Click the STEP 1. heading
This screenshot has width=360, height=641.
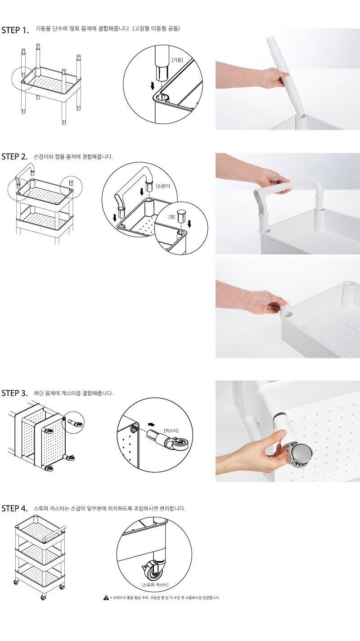click(15, 30)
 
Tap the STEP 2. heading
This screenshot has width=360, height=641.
click(14, 157)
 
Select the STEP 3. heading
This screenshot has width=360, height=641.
click(14, 393)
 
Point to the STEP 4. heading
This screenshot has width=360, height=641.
click(14, 508)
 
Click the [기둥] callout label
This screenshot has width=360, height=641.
click(177, 60)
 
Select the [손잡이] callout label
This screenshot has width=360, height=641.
click(163, 186)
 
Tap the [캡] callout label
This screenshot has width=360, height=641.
click(172, 217)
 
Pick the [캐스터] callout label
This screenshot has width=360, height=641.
click(171, 430)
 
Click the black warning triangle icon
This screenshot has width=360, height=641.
click(106, 597)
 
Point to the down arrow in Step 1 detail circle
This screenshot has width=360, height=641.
click(153, 85)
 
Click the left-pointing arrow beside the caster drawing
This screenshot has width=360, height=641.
click(152, 424)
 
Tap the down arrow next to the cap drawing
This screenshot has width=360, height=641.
click(189, 224)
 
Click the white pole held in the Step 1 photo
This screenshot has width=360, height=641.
click(286, 80)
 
